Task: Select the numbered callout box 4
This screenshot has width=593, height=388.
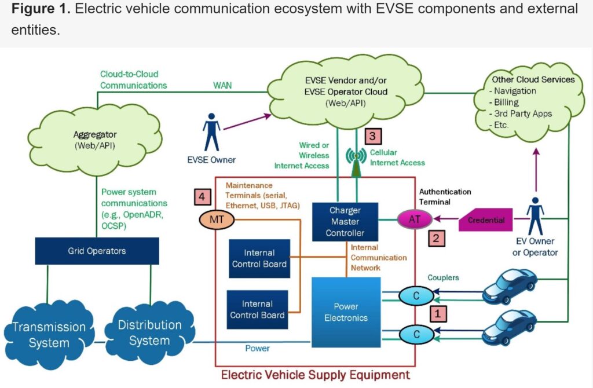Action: [202, 197]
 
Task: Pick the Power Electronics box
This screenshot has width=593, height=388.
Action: [346, 312]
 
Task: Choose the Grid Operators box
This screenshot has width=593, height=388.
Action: [96, 251]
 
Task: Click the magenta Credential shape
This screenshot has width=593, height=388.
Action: [486, 221]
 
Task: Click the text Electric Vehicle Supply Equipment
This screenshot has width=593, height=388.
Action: [315, 374]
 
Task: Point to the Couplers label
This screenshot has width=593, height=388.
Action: [442, 277]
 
